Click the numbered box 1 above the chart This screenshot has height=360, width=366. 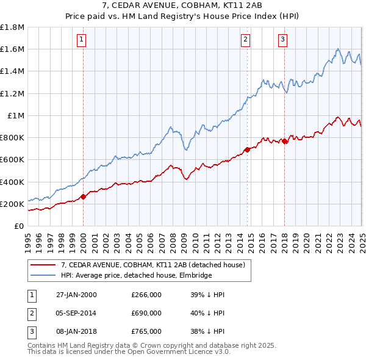click(81, 40)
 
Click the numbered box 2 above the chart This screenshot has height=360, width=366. click(245, 40)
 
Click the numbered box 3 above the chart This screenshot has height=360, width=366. click(283, 40)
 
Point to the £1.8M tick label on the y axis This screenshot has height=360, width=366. click(13, 27)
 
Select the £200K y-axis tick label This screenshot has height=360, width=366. click(13, 204)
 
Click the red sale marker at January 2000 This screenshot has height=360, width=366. click(84, 196)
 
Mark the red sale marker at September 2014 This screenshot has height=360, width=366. click(247, 149)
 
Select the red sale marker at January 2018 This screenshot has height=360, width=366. click(284, 142)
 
